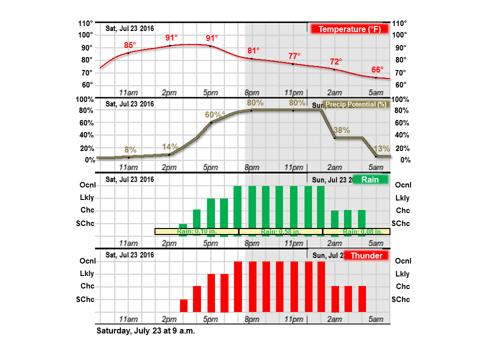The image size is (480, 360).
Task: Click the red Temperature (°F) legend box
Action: (x=349, y=29)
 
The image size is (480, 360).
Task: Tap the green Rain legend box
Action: (x=370, y=179)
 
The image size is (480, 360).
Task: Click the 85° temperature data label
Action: (x=130, y=45)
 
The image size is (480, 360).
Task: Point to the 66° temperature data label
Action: (x=377, y=69)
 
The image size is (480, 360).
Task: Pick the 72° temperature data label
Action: (x=336, y=61)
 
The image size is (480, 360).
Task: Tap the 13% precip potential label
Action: (x=381, y=148)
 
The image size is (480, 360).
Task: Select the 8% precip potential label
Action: (x=130, y=149)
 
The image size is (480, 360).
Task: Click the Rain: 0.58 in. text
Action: (x=280, y=231)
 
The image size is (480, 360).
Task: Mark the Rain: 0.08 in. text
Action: (x=363, y=231)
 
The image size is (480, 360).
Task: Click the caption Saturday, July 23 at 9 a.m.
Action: (x=145, y=331)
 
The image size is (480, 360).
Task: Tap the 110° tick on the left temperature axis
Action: (x=85, y=23)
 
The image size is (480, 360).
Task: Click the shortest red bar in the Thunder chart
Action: (x=183, y=305)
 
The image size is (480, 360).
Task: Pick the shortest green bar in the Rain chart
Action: (x=183, y=226)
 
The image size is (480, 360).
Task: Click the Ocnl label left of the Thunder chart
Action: (x=87, y=261)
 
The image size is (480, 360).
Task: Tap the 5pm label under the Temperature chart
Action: (x=210, y=92)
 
